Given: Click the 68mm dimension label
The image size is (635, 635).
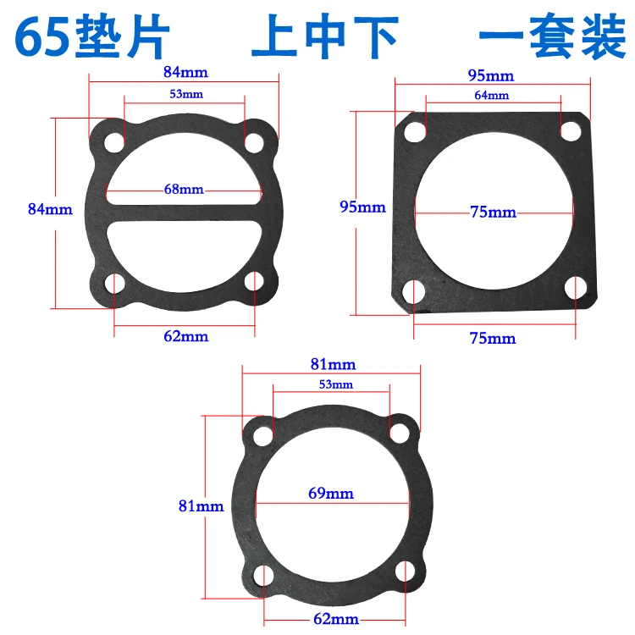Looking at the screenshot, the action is tap(184, 189).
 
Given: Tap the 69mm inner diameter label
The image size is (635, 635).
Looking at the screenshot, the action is tap(331, 494).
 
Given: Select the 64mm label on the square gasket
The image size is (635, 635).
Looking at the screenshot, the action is tap(492, 95).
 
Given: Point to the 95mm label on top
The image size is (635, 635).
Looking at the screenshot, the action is tap(491, 75).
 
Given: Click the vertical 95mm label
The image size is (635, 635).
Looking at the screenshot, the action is tap(362, 207).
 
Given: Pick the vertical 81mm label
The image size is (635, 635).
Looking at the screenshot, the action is tap(201, 505).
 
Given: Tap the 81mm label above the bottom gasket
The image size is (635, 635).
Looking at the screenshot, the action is tap(333, 364).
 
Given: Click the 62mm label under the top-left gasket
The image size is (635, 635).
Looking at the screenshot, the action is tap(186, 336).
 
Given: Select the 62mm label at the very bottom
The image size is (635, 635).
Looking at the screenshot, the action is tap(336, 619).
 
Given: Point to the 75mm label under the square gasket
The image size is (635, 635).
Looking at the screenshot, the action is tap(493, 338).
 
